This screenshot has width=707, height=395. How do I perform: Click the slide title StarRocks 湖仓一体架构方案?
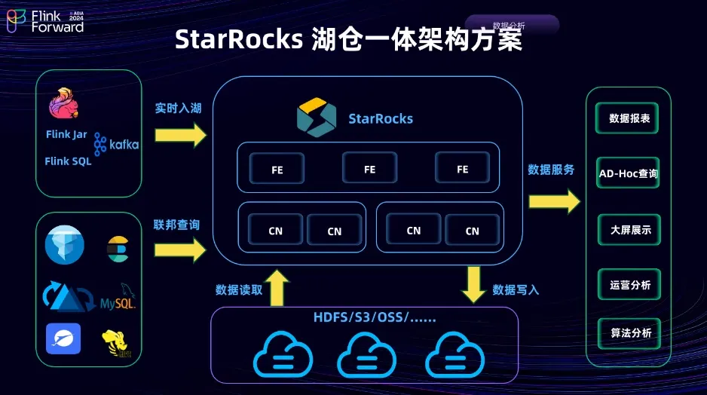[348, 39]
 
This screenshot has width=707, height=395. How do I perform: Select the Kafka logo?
[116, 143]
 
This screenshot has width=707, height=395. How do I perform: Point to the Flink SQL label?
[68, 161]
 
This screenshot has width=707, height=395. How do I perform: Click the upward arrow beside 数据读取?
[278, 288]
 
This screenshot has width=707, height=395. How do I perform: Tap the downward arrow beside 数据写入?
[474, 284]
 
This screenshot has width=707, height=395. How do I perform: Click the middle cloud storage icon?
[366, 351]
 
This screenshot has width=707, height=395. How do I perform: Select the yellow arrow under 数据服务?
[555, 201]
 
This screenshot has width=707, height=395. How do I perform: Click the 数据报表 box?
[629, 119]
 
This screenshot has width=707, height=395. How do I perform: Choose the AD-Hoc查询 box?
[628, 173]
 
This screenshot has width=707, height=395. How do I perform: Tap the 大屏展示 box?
[629, 230]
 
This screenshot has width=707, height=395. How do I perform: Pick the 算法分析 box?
[629, 332]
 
